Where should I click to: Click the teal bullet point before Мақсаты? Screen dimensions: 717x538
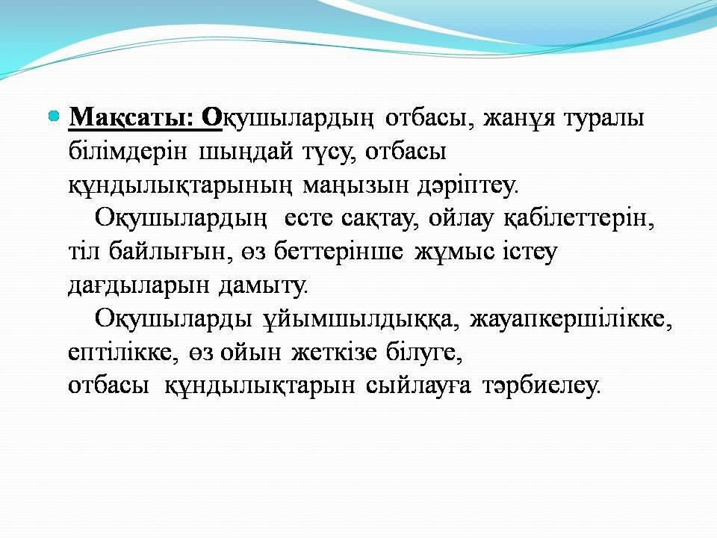point(54,117)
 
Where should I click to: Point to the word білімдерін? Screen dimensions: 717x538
point(128,152)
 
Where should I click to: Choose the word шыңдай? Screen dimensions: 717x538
point(246,152)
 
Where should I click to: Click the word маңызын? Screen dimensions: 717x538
point(356,185)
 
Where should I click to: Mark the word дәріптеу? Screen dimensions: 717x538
point(468,185)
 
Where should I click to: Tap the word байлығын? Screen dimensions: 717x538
point(167,252)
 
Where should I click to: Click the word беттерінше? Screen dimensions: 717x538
point(338,251)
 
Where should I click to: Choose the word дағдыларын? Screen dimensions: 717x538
point(139,285)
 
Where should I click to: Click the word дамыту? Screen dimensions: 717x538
point(264,285)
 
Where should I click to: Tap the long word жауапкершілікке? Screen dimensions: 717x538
point(571,318)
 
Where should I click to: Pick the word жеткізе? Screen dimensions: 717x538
point(335,352)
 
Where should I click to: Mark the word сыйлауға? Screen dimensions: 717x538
point(418,386)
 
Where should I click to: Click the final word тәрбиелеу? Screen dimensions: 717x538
point(540,386)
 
